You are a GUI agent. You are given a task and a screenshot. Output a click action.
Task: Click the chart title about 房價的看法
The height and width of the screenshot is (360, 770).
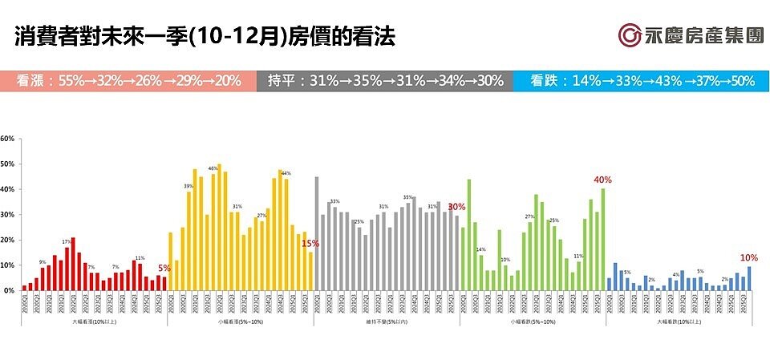(x=205, y=37)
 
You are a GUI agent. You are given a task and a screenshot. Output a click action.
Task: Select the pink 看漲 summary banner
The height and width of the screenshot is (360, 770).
(x=128, y=80)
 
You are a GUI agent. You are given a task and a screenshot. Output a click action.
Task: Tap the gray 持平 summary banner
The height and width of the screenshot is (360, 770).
(x=385, y=80)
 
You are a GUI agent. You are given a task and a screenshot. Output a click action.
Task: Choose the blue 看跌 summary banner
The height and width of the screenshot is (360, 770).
(x=642, y=80)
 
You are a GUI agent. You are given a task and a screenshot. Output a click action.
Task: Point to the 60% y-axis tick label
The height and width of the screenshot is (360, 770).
(x=8, y=139)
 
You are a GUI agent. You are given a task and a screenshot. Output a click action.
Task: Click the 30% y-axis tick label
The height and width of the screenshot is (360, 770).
(x=8, y=215)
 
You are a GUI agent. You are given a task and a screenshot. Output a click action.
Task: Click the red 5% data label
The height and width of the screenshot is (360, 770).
(x=164, y=269)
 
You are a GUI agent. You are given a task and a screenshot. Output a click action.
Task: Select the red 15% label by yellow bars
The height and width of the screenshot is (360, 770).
(x=310, y=244)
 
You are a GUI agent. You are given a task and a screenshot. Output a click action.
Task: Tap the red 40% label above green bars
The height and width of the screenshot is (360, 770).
(x=602, y=180)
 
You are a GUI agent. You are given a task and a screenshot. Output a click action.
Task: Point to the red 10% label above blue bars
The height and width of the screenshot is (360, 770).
(x=748, y=257)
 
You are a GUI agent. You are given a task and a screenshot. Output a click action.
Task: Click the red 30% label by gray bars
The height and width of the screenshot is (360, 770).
(x=456, y=206)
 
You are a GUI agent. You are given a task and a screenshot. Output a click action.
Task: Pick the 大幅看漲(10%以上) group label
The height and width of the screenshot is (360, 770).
(x=93, y=321)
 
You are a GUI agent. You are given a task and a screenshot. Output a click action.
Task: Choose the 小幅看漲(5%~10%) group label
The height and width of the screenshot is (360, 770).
(x=240, y=321)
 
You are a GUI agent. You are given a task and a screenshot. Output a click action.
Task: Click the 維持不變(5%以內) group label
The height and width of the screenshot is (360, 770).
(x=386, y=321)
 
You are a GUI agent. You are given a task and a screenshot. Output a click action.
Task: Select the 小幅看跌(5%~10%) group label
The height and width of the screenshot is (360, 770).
(x=533, y=321)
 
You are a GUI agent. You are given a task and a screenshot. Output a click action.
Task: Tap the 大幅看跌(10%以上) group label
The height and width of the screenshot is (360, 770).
(x=679, y=321)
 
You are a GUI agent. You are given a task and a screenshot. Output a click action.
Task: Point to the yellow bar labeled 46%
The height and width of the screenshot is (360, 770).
(x=213, y=233)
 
